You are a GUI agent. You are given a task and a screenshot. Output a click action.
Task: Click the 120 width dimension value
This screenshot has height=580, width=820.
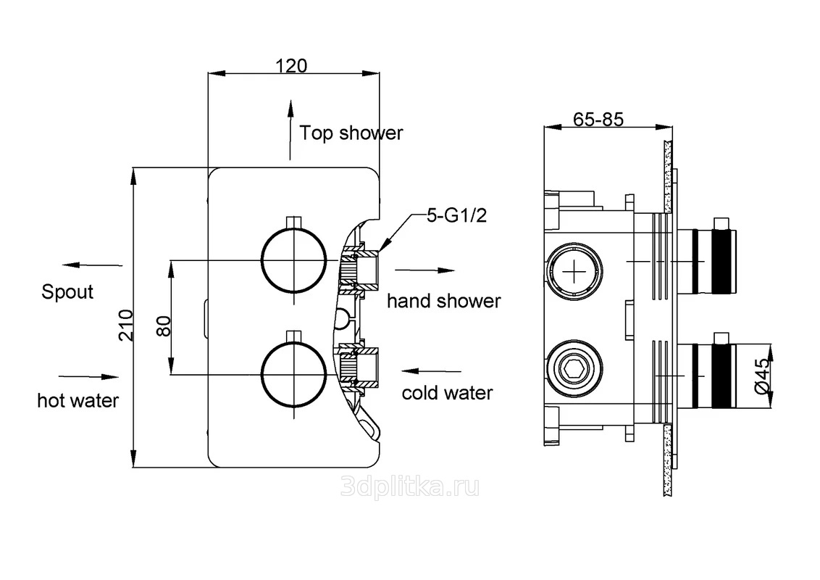click(x=291, y=65)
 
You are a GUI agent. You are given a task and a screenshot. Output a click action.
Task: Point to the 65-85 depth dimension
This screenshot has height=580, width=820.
click(x=598, y=119)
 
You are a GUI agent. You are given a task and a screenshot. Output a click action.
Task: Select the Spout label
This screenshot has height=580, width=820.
click(x=67, y=292)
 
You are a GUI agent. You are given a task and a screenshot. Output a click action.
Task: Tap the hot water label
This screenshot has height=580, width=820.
click(x=78, y=400)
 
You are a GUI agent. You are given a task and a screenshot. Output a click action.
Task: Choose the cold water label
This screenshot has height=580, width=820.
click(x=447, y=393)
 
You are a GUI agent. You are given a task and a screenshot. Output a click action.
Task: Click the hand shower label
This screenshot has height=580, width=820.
click(x=443, y=300)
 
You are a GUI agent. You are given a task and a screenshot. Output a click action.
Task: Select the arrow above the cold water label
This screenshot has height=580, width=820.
click(x=431, y=370)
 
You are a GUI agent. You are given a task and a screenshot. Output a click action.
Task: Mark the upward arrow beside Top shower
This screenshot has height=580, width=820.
click(x=290, y=129)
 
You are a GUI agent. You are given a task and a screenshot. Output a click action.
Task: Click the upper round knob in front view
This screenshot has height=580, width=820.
click(x=296, y=260)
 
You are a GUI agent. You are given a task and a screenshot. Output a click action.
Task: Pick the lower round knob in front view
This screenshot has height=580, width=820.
click(x=296, y=374)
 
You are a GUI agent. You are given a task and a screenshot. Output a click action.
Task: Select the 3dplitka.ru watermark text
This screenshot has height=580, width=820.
click(x=410, y=487)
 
